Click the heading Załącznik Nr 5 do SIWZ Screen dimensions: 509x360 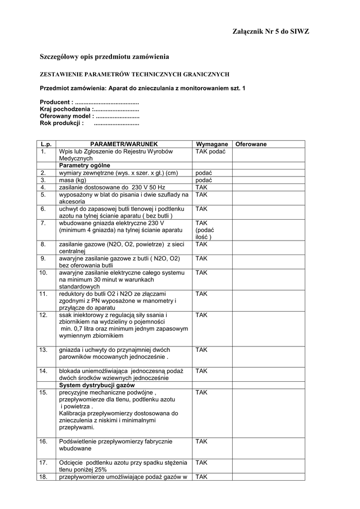coord(270,32)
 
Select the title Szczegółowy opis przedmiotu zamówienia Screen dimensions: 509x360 coord(104,58)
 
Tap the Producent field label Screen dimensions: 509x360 coord(57,102)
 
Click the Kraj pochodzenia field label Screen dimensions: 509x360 coord(66,109)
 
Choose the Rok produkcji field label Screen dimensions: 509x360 coord(62,123)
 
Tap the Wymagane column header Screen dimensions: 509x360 coord(212,144)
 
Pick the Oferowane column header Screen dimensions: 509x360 coord(251,144)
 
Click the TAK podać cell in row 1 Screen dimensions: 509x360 coord(211,151)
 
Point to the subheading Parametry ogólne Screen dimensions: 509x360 coord(85,165)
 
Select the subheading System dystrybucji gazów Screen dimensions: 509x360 coord(97,385)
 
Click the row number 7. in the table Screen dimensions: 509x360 coord(44,223)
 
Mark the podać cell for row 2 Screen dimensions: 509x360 coord(204,172)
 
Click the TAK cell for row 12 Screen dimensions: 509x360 coord(201,315)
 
